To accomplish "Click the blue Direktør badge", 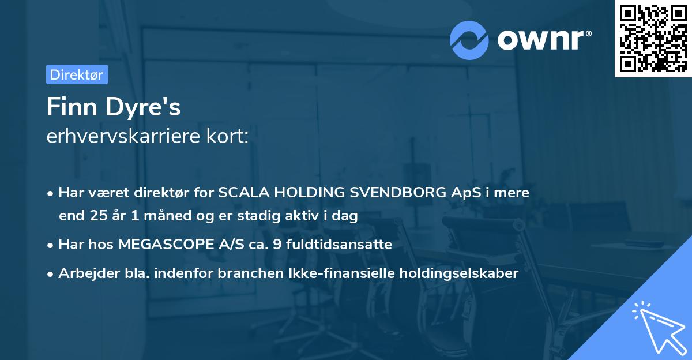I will [x=77, y=74].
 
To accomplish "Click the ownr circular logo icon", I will [x=470, y=40].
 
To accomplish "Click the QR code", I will [x=653, y=38].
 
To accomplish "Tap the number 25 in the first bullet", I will [x=98, y=216].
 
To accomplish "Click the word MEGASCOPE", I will [x=164, y=245].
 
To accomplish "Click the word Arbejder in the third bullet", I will [x=84, y=273].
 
